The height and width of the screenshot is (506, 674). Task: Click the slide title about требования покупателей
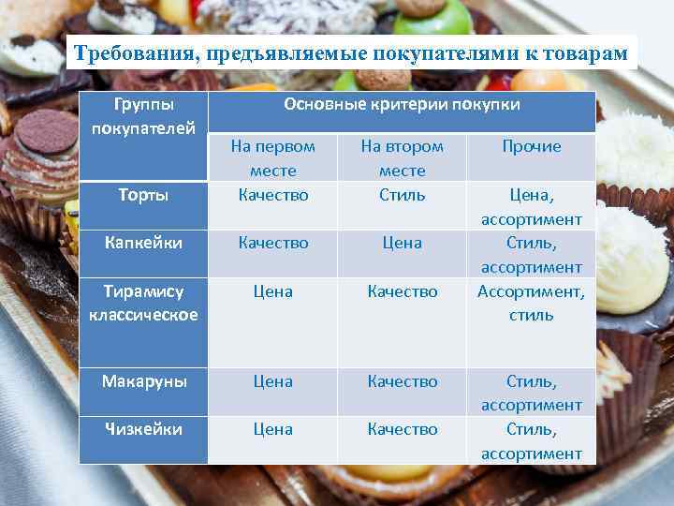pyautogui.click(x=351, y=52)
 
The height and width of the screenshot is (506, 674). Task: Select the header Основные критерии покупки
pyautogui.click(x=402, y=104)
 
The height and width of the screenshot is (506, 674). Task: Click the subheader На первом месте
pyautogui.click(x=272, y=157)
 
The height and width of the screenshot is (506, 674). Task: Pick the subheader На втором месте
pyautogui.click(x=402, y=157)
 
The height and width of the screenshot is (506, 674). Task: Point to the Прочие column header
pyautogui.click(x=531, y=146)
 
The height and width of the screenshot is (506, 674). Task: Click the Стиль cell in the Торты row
pyautogui.click(x=402, y=195)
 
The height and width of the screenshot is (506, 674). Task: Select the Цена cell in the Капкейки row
pyautogui.click(x=402, y=243)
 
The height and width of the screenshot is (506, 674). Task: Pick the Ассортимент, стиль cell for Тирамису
pyautogui.click(x=531, y=303)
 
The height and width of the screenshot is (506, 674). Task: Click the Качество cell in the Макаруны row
pyautogui.click(x=402, y=381)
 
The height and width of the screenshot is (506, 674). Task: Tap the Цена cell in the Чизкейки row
pyautogui.click(x=272, y=429)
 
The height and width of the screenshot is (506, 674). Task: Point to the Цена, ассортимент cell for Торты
pyautogui.click(x=531, y=207)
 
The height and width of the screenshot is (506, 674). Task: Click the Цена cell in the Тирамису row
pyautogui.click(x=272, y=291)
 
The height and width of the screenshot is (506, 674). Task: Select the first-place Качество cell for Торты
pyautogui.click(x=272, y=195)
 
